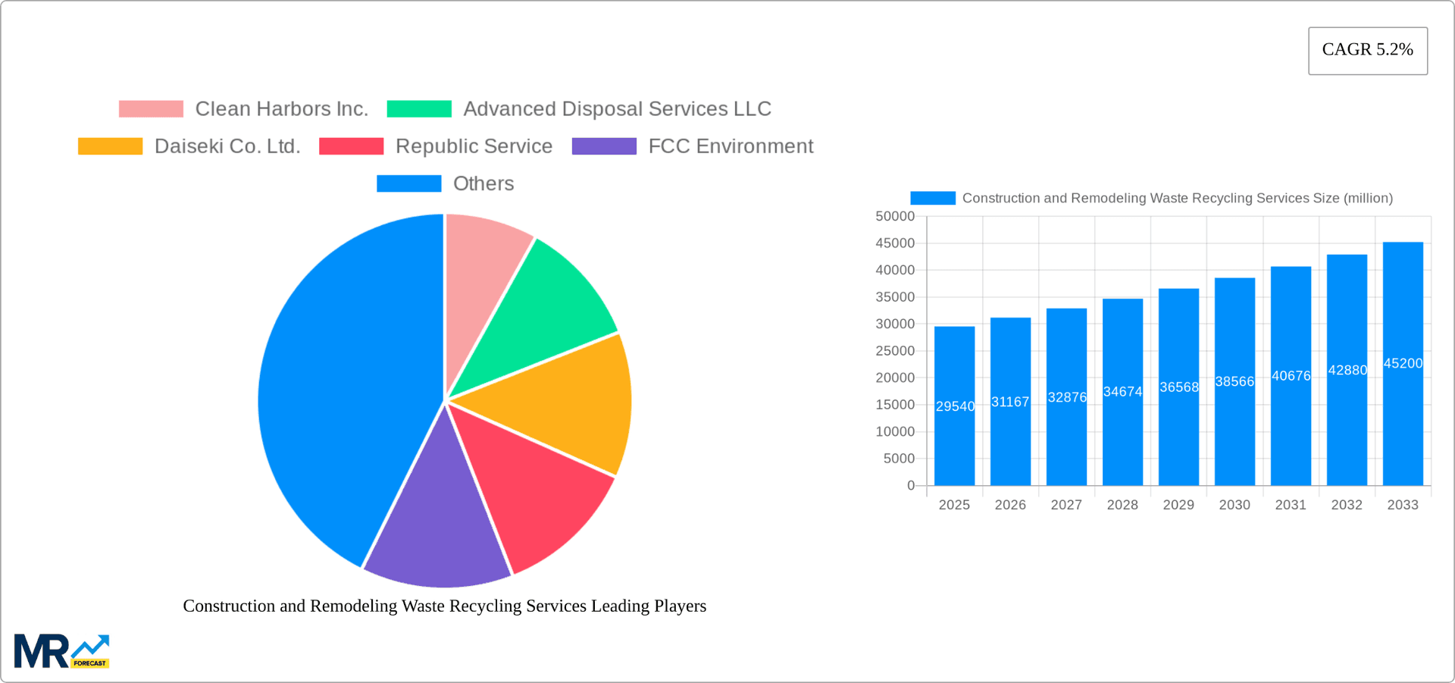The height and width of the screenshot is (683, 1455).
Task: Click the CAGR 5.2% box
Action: pos(1367,50)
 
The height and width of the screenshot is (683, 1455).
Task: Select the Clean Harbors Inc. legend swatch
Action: pos(151,109)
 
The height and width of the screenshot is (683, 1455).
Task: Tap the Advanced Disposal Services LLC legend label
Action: pos(617,109)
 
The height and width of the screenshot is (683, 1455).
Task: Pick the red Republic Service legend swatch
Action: pos(351,146)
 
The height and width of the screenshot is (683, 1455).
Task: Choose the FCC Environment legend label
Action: pos(730,146)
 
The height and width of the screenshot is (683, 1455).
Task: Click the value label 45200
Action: pos(1403,364)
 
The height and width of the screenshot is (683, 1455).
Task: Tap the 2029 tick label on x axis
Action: pos(1178,505)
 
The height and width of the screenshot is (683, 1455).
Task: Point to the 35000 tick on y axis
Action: pos(895,297)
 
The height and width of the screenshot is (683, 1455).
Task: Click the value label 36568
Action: pos(1179,387)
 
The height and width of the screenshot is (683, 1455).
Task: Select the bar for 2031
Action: pos(1291,425)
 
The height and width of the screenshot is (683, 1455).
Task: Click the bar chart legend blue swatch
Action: pos(932,198)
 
